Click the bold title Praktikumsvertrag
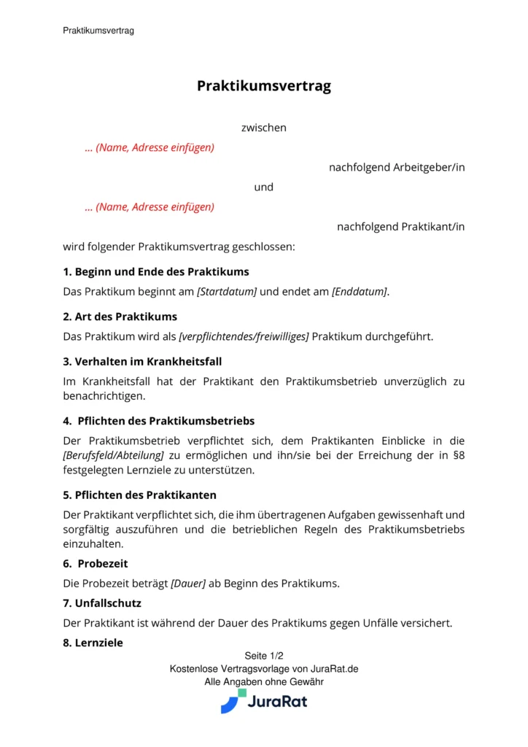[264, 86]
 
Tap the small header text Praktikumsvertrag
[98, 31]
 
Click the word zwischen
[264, 128]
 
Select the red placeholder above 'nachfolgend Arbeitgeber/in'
[150, 147]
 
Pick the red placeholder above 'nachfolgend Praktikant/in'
[150, 206]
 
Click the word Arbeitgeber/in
[429, 167]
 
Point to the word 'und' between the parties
[264, 187]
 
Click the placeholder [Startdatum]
[227, 292]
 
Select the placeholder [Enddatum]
[360, 292]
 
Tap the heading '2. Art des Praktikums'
[120, 317]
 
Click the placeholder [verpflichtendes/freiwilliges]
[244, 336]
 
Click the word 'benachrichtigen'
[103, 396]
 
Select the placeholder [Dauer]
[188, 584]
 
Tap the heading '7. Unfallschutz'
[102, 603]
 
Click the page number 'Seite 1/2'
[264, 656]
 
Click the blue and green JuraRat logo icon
[233, 701]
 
